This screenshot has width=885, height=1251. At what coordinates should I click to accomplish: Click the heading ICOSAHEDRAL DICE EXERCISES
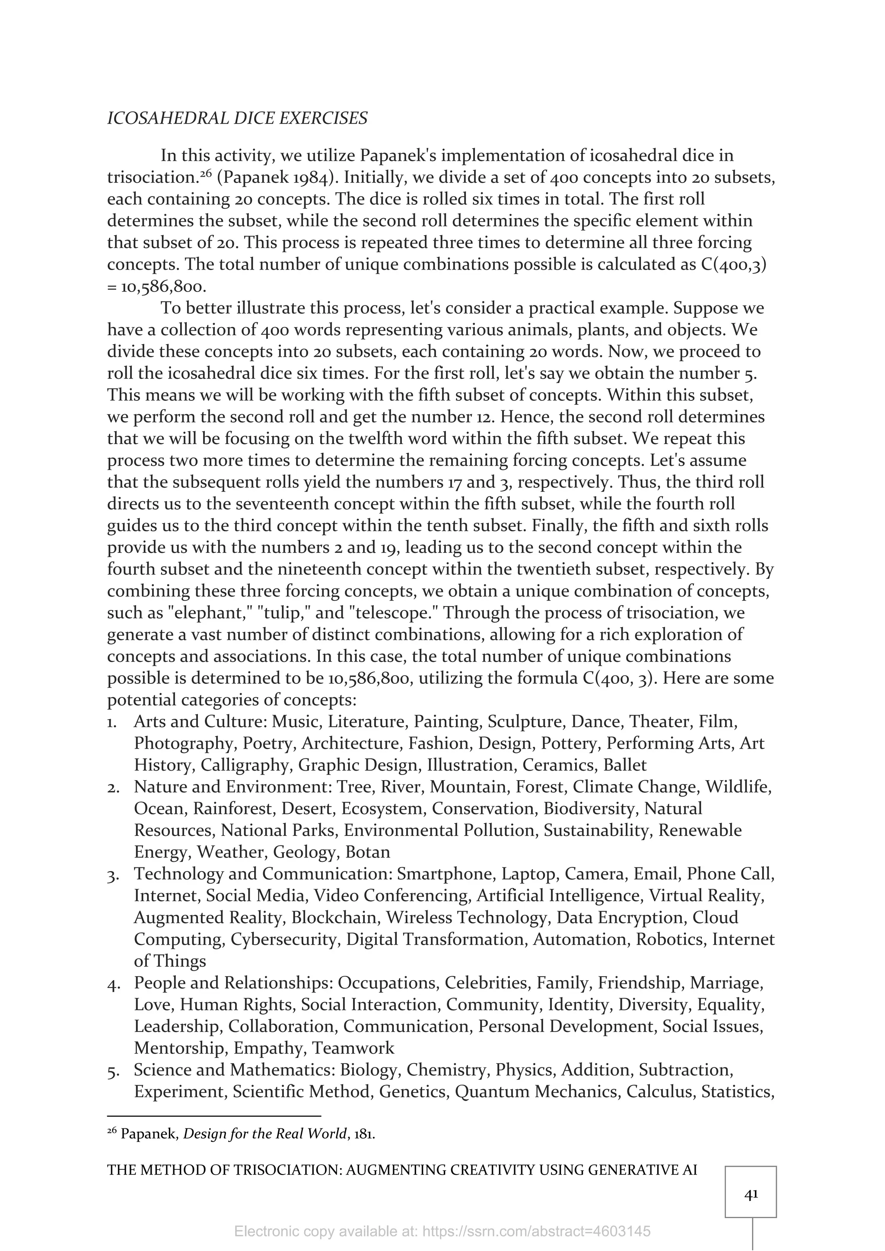(x=237, y=118)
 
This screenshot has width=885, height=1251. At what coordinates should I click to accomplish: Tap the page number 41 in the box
(x=751, y=1194)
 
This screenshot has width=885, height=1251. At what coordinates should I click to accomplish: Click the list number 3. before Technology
(x=113, y=874)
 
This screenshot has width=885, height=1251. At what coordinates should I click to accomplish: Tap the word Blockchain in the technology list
(x=334, y=918)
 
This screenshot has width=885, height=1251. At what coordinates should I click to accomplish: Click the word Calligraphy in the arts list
(x=245, y=765)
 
